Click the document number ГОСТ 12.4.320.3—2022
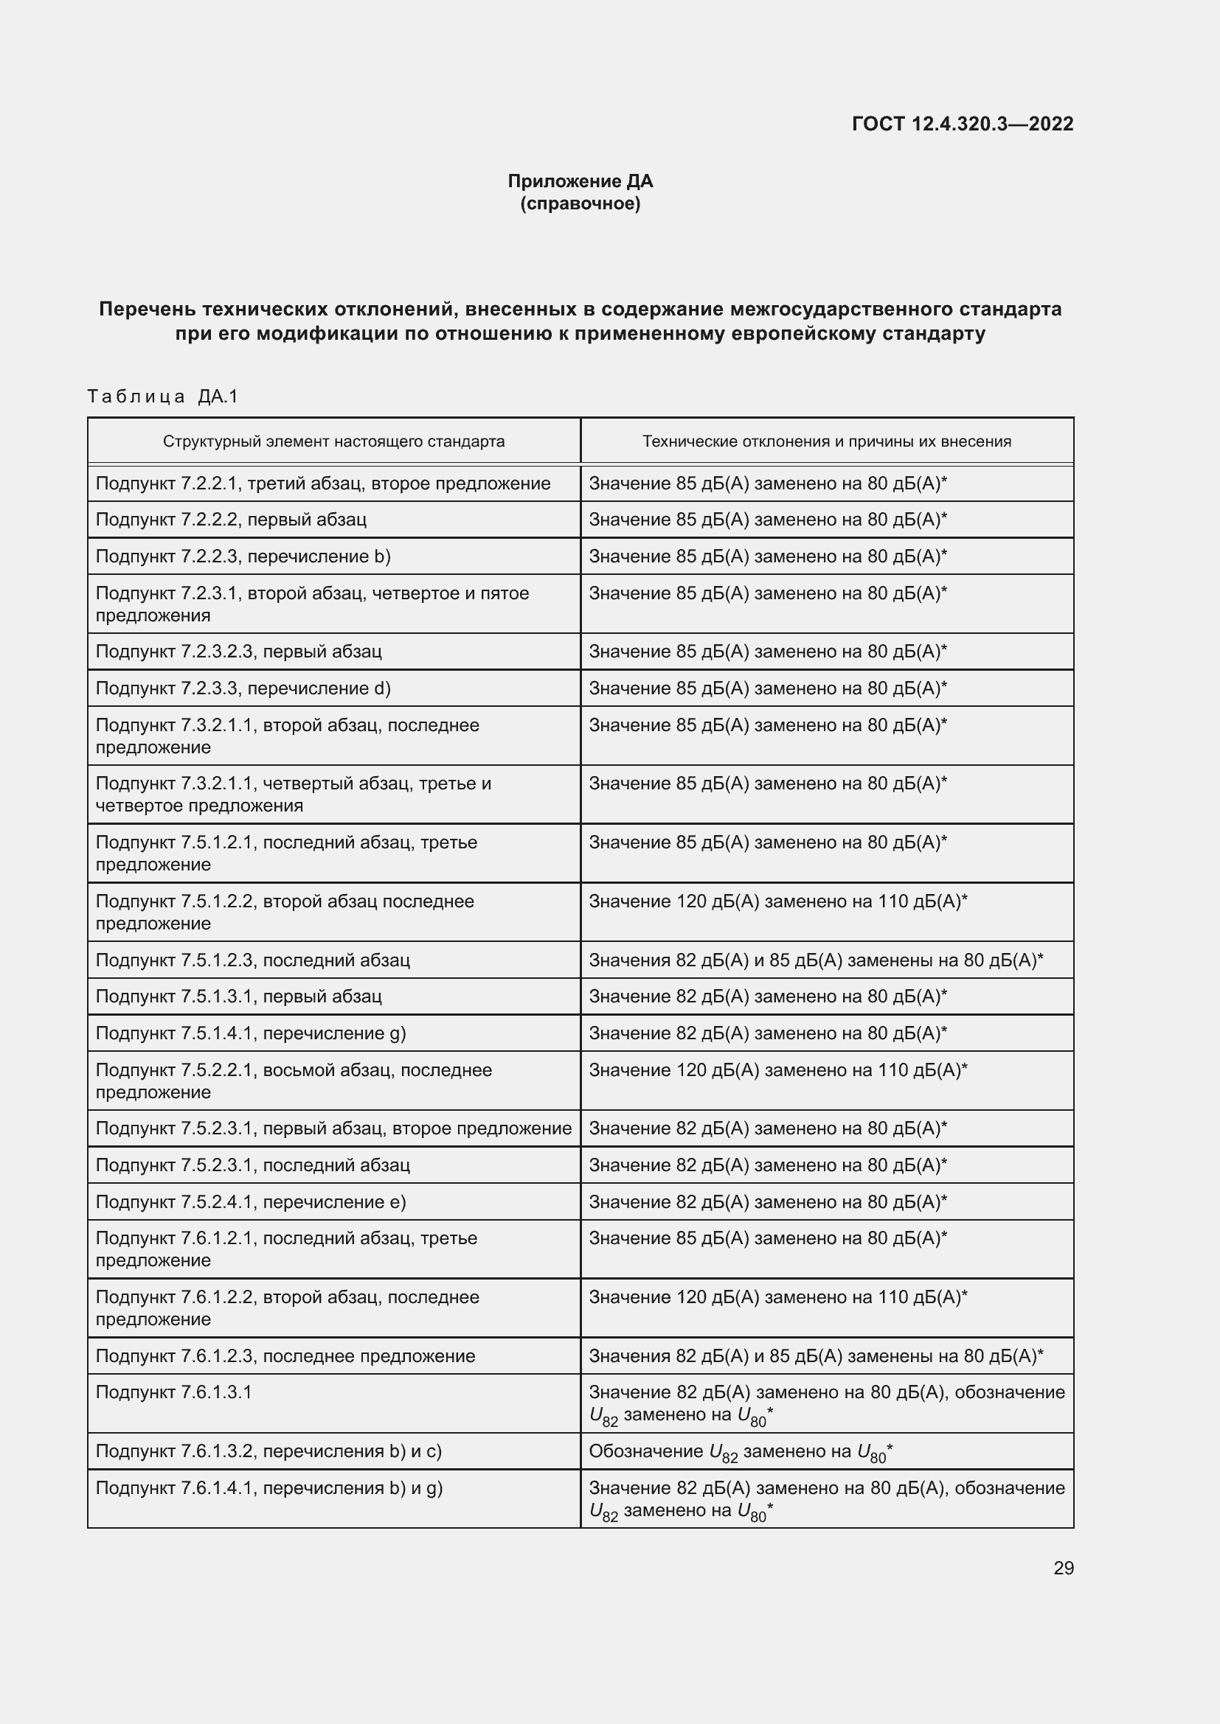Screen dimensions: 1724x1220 (963, 124)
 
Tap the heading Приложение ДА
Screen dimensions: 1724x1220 (580, 181)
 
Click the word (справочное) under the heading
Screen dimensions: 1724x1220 (580, 203)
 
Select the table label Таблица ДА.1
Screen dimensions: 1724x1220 (163, 397)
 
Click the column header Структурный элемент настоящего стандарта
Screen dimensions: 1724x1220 (333, 442)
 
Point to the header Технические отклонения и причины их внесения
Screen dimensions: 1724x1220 (826, 442)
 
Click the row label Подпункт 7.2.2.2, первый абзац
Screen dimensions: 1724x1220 (232, 520)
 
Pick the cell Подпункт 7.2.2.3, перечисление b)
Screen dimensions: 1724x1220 (243, 556)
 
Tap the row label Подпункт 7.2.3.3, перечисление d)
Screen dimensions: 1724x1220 (243, 688)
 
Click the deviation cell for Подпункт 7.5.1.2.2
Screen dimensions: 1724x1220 (777, 901)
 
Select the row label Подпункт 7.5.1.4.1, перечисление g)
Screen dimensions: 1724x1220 (251, 1033)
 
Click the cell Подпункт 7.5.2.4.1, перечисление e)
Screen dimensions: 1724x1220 (251, 1202)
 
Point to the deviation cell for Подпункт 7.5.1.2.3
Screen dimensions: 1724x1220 (816, 960)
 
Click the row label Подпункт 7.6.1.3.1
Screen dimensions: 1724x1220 (174, 1392)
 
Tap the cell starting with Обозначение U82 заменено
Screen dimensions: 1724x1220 (741, 1451)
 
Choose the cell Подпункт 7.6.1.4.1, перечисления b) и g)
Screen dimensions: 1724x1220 (269, 1488)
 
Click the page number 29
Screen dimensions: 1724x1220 (1063, 1568)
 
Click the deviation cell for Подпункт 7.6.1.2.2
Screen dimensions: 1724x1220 (777, 1297)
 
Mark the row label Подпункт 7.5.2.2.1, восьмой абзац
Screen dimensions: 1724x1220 (294, 1070)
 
